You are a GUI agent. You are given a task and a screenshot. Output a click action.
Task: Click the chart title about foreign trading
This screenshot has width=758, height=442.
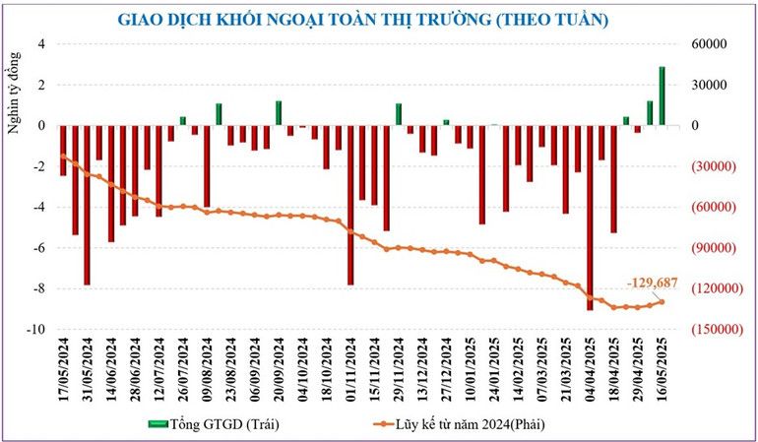click(x=362, y=19)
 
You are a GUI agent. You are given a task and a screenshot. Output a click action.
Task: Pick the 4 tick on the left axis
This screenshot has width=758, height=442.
click(x=41, y=44)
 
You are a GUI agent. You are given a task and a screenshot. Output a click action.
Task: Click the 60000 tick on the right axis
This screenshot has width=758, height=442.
click(x=708, y=44)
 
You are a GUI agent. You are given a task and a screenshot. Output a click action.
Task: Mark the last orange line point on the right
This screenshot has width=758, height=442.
click(x=662, y=302)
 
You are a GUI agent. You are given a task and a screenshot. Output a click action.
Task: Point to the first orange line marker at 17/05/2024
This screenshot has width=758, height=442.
click(x=63, y=157)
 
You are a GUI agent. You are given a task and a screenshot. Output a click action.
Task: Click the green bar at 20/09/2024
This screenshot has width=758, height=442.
click(x=279, y=113)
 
